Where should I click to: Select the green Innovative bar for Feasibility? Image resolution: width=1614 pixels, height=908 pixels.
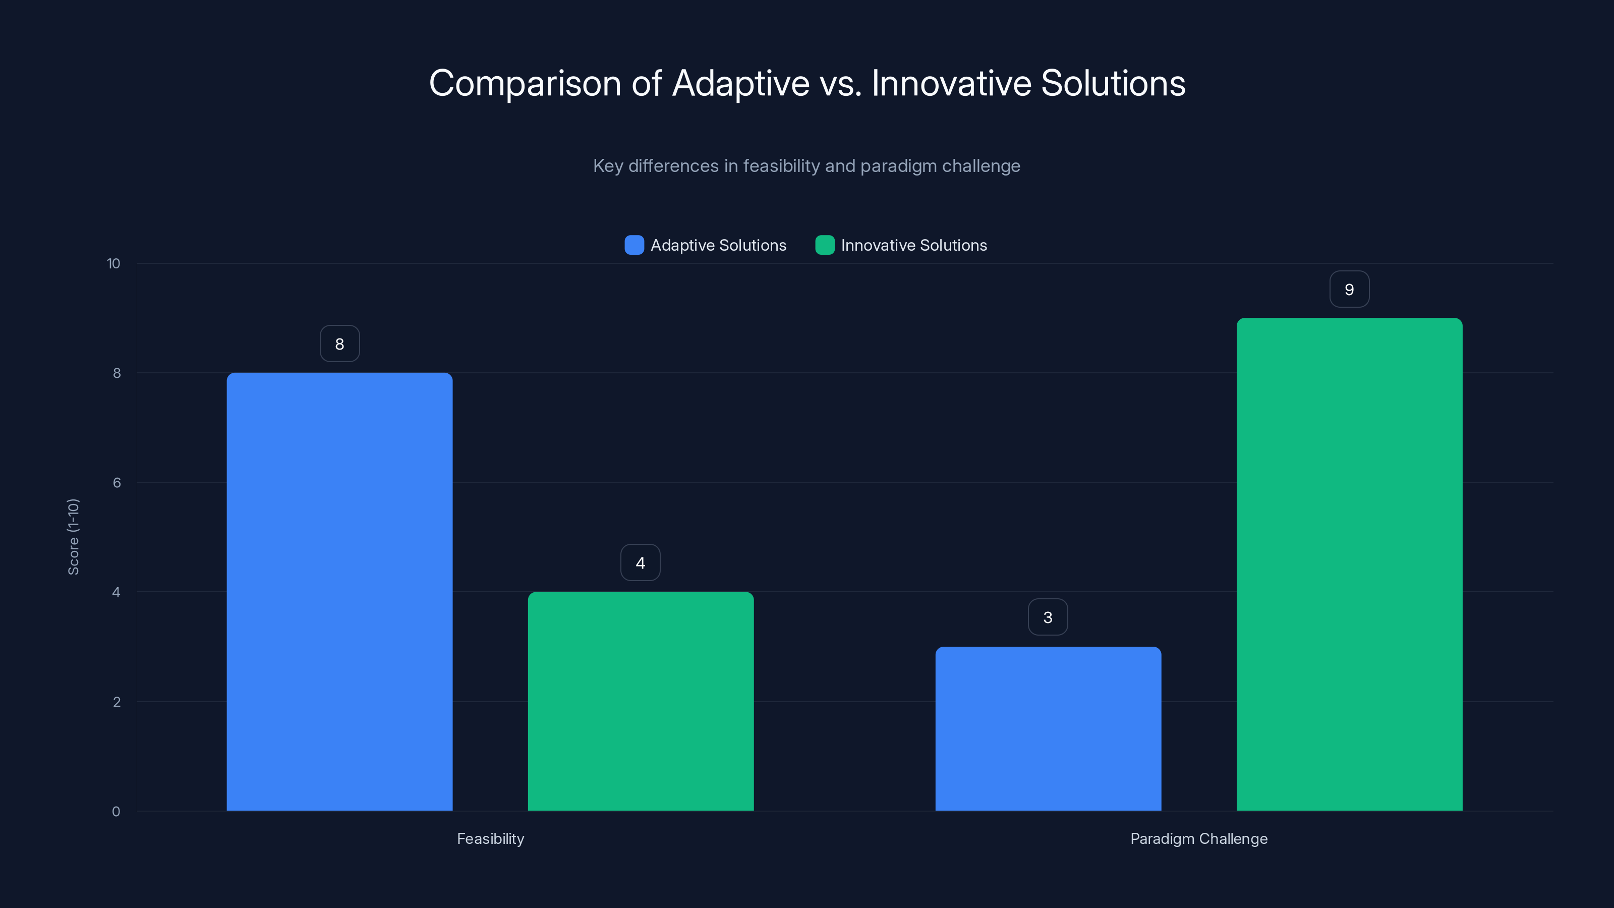click(x=641, y=701)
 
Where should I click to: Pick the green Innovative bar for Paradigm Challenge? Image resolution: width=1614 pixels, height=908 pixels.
click(x=1349, y=564)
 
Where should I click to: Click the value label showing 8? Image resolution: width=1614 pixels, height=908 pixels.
click(x=339, y=344)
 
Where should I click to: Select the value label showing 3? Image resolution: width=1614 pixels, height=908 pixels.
click(x=1048, y=617)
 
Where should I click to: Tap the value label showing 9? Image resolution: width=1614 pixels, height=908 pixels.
click(x=1349, y=289)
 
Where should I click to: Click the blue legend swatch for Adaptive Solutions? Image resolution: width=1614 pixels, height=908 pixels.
click(x=634, y=245)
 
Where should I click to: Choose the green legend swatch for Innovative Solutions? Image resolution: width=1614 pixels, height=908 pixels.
click(x=825, y=245)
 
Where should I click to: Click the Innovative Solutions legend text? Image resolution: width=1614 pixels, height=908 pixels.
click(x=913, y=245)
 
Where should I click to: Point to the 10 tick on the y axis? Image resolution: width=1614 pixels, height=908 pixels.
click(x=113, y=263)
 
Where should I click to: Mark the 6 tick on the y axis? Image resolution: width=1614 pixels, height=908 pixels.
click(x=117, y=483)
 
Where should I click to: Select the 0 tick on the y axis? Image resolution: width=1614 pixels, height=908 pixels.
click(x=116, y=812)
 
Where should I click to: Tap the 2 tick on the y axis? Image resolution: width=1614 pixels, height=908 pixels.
click(x=117, y=702)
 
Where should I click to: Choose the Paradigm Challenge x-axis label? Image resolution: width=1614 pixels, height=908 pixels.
click(x=1198, y=838)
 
